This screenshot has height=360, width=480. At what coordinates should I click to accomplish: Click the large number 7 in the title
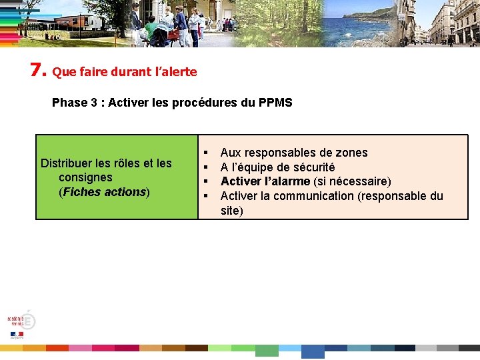point(37,69)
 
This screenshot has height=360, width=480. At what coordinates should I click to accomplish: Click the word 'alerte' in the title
point(180,72)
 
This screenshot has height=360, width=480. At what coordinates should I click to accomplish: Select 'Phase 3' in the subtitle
point(70,103)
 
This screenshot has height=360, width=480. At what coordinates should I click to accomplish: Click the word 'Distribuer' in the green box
point(67,163)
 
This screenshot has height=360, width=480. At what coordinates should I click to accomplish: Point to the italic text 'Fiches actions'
point(104,192)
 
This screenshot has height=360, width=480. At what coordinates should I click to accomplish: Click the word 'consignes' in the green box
point(85,177)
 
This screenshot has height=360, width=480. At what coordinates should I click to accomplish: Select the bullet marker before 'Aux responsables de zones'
point(207,153)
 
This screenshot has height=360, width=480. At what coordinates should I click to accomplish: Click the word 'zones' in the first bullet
point(353,153)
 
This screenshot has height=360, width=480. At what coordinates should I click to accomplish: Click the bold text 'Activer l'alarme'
point(265,181)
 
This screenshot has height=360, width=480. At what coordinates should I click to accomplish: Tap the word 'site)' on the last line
point(232,211)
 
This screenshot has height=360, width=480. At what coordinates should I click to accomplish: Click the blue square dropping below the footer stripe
point(313,351)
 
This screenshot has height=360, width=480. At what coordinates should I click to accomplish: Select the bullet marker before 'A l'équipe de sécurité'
point(207,167)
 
